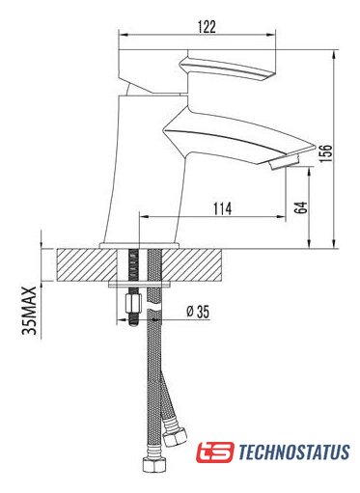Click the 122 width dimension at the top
tap(207, 27)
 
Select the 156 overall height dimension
tap(326, 153)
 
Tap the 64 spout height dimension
tap(301, 207)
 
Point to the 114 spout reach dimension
tap(222, 208)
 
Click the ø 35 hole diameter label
tap(198, 312)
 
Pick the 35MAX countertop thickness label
tap(29, 311)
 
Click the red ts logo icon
tap(215, 452)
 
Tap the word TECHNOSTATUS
tap(294, 452)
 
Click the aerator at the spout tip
tap(285, 161)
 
